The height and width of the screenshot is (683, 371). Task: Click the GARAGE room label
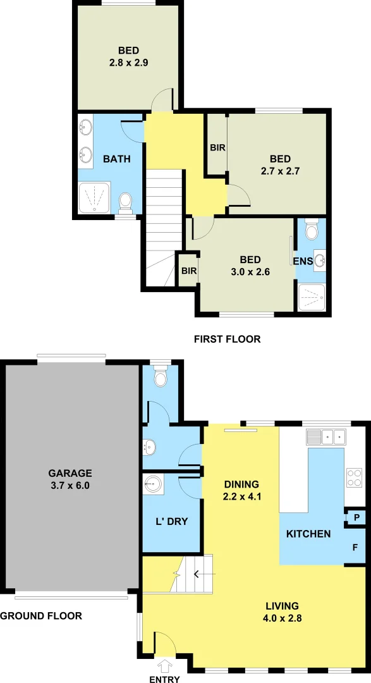pos(71,473)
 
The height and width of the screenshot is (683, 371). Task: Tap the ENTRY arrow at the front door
pos(166,665)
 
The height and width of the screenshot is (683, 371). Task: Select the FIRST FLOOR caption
pos(227,339)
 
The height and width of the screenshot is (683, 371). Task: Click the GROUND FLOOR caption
pos(41,615)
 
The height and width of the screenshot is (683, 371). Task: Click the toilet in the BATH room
pos(125,202)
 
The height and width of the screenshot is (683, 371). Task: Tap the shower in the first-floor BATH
pos(95,197)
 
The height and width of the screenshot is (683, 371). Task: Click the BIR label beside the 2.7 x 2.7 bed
pos(218,147)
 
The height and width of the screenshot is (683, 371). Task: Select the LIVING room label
pos(283,606)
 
